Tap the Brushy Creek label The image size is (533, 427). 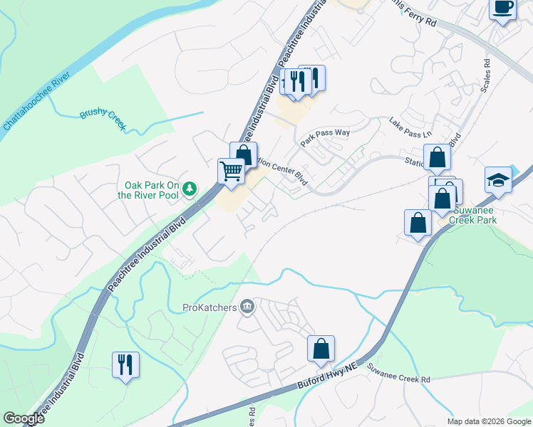click(x=103, y=118)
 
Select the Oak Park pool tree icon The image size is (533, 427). click(x=190, y=189)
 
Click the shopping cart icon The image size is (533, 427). click(x=231, y=172)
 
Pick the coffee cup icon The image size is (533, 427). click(x=502, y=8)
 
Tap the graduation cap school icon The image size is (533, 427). click(x=498, y=179)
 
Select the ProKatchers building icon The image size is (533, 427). click(x=247, y=307)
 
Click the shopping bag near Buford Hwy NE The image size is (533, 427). click(x=321, y=348)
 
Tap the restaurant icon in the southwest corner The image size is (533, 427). click(x=126, y=364)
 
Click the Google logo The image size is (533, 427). click(x=24, y=418)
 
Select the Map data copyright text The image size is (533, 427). click(x=488, y=421)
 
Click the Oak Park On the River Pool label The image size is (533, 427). click(x=149, y=190)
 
